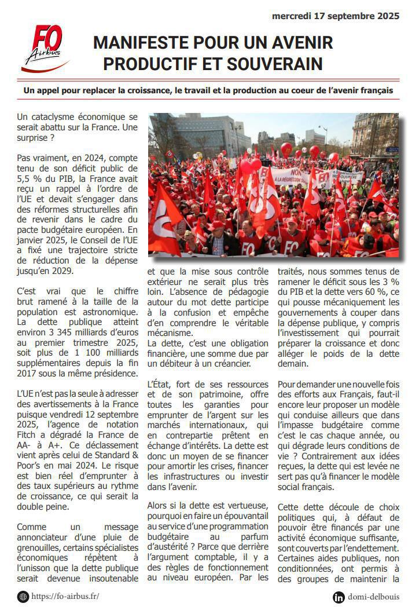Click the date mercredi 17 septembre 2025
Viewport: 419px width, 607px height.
[336, 16]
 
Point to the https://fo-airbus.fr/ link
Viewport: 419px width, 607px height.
[65, 596]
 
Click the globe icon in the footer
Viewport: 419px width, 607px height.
[23, 596]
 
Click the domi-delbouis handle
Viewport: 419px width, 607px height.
[373, 597]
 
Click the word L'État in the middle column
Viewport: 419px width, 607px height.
[159, 384]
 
